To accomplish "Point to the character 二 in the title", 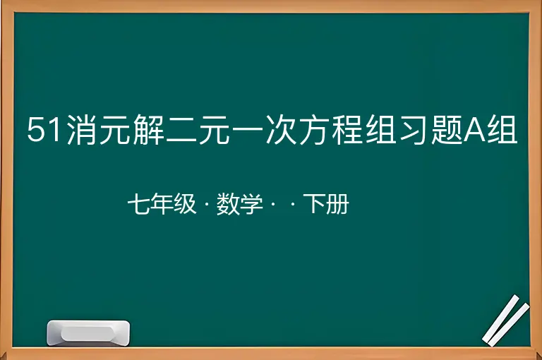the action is click(x=182, y=130).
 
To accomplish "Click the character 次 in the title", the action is click(x=282, y=129).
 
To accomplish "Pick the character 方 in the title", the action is click(x=315, y=129).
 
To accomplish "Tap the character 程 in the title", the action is click(x=348, y=129).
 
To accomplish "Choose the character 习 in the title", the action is click(x=414, y=129).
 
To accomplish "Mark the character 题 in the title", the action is click(x=447, y=129).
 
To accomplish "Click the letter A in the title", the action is click(x=474, y=130).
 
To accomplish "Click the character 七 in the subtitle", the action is click(x=138, y=204).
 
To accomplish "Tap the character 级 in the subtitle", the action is click(x=185, y=204).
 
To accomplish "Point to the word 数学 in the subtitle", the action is click(x=239, y=204).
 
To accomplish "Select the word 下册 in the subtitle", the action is click(x=326, y=204).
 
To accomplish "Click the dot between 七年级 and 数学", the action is click(x=207, y=205).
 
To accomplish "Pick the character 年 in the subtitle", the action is click(x=162, y=204).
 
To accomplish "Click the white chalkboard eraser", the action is click(x=88, y=332).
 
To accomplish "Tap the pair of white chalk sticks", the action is click(x=505, y=320).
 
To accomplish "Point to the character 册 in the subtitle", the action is click(x=338, y=204).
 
